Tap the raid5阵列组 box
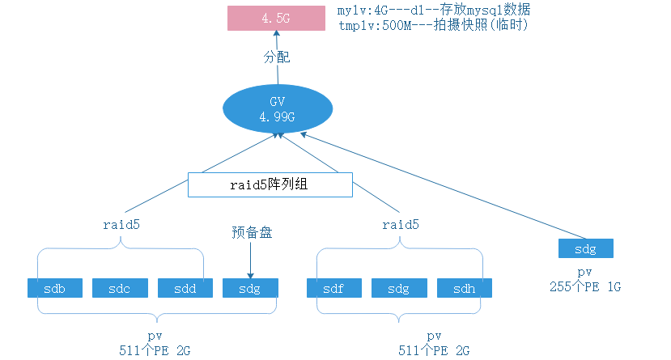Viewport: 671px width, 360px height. (270, 184)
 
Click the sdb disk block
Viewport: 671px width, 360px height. (55, 288)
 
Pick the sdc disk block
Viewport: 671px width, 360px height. (120, 288)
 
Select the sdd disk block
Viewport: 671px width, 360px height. (185, 288)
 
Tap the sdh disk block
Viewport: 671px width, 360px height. (465, 288)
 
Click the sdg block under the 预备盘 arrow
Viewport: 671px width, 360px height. (250, 288)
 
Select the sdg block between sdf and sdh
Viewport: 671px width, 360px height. (399, 288)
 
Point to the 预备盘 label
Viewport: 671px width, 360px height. (250, 232)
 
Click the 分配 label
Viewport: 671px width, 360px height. (276, 58)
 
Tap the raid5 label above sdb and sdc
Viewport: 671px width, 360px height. (121, 224)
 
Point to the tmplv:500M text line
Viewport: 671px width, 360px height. (431, 25)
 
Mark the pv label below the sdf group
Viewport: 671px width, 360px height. (434, 335)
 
